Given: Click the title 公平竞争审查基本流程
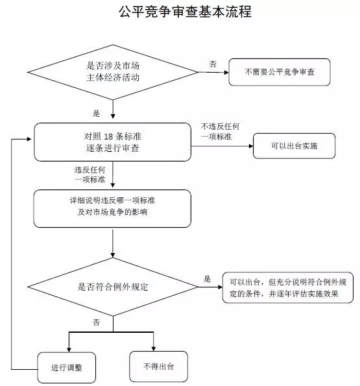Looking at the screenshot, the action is [x=185, y=12].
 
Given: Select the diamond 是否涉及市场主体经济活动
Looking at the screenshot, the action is [x=113, y=72].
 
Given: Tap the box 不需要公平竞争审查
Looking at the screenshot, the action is [x=280, y=72].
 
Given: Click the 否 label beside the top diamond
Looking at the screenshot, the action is [x=213, y=64].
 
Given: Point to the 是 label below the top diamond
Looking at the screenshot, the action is [x=96, y=114].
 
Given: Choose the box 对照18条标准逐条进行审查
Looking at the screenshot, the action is [x=112, y=142].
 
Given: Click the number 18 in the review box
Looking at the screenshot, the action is [x=108, y=136].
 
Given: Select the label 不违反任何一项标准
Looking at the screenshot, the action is [x=220, y=132].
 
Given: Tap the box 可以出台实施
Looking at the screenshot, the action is [x=294, y=146].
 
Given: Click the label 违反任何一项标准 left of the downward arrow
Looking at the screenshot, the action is [x=90, y=175].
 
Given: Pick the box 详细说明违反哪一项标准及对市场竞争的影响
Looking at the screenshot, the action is [x=112, y=208].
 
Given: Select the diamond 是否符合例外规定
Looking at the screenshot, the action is [x=113, y=287].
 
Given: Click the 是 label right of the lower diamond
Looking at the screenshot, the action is [x=207, y=279].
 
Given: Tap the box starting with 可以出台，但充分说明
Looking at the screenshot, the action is [x=287, y=287].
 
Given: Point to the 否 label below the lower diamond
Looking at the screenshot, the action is [x=96, y=322].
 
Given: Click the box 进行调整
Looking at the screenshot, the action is [x=66, y=367].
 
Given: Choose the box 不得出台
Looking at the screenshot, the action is [x=158, y=367].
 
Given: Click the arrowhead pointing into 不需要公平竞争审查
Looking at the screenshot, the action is [x=226, y=73].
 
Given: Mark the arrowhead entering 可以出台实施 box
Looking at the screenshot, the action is [x=251, y=146].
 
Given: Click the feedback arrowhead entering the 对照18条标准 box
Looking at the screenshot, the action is [x=29, y=139].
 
